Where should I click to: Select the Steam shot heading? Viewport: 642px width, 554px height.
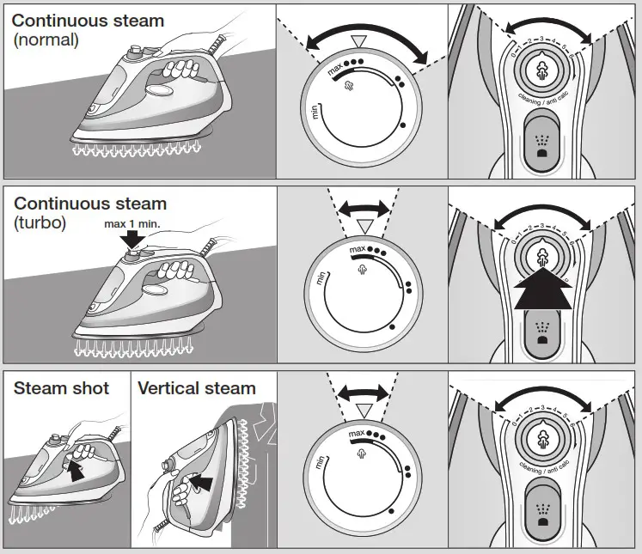coord(61,388)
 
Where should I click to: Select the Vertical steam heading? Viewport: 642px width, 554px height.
coord(197,388)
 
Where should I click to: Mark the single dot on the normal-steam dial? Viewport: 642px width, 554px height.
coord(402,125)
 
